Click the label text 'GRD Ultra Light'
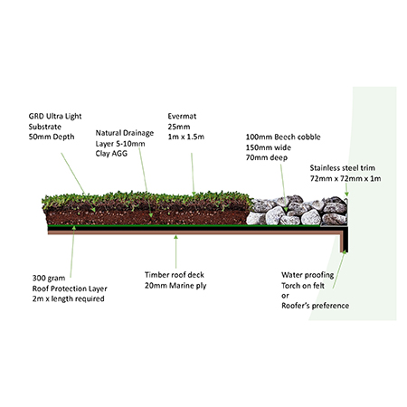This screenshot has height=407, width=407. (55, 117)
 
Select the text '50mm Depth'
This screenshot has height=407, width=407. (52, 137)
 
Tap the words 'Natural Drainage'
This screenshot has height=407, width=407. (125, 133)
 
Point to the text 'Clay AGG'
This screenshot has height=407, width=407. (111, 154)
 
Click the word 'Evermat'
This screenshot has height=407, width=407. (182, 117)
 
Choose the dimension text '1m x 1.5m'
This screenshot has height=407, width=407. (186, 137)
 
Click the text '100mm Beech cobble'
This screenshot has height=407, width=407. (283, 137)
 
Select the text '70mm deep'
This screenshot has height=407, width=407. (267, 157)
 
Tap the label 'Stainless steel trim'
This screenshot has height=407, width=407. (343, 168)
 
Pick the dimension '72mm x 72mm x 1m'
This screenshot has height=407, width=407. (345, 178)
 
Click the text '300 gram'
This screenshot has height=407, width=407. (49, 279)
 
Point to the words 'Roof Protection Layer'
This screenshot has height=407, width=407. (70, 289)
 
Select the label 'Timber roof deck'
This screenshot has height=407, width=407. (175, 275)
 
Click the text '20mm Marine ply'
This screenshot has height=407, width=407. (175, 286)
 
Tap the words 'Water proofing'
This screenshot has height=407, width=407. (308, 275)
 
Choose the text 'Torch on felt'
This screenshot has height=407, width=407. (303, 286)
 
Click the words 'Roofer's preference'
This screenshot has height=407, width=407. (316, 306)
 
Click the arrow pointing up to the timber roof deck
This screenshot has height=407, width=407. (175, 251)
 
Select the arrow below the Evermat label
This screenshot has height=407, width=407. (193, 175)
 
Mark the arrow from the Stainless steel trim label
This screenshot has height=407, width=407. (346, 190)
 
